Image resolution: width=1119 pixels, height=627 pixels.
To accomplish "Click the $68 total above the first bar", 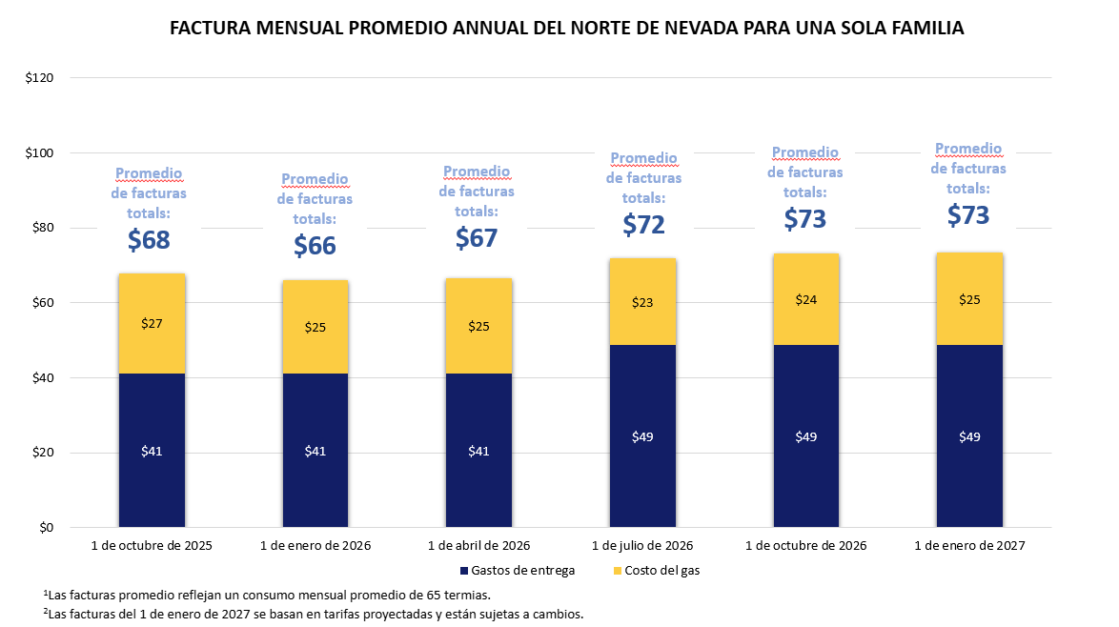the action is click(149, 240).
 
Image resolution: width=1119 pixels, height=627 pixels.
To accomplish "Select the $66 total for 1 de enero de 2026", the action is click(315, 246).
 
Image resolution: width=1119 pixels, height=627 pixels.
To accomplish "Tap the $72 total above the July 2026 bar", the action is click(643, 225).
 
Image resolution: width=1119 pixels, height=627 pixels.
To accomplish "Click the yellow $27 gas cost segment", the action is click(152, 324).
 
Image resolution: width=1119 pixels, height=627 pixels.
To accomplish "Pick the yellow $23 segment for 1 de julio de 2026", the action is click(642, 302).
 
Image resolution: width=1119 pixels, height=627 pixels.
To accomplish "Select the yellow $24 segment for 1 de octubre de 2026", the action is click(806, 299).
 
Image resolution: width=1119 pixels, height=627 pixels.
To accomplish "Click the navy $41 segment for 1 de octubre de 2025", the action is click(152, 451).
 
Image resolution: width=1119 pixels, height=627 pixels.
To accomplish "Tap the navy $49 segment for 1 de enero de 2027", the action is click(970, 436).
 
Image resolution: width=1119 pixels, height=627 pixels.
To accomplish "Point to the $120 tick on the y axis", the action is click(39, 78).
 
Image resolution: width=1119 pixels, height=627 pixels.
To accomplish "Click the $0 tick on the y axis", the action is click(46, 528).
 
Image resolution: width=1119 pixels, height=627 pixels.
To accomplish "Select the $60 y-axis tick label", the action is click(43, 302).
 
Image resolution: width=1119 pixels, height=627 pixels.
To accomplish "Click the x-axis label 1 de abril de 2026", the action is click(478, 546).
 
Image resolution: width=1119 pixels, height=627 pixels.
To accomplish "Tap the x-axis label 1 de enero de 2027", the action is click(970, 546).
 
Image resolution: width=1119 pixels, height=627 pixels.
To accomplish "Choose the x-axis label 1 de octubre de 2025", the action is click(152, 546).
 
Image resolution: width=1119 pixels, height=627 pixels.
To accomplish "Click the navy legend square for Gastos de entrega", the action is click(464, 571).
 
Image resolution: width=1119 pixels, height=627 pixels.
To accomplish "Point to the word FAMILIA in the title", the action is click(927, 29).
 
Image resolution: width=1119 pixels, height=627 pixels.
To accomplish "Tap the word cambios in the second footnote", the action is click(559, 615).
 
